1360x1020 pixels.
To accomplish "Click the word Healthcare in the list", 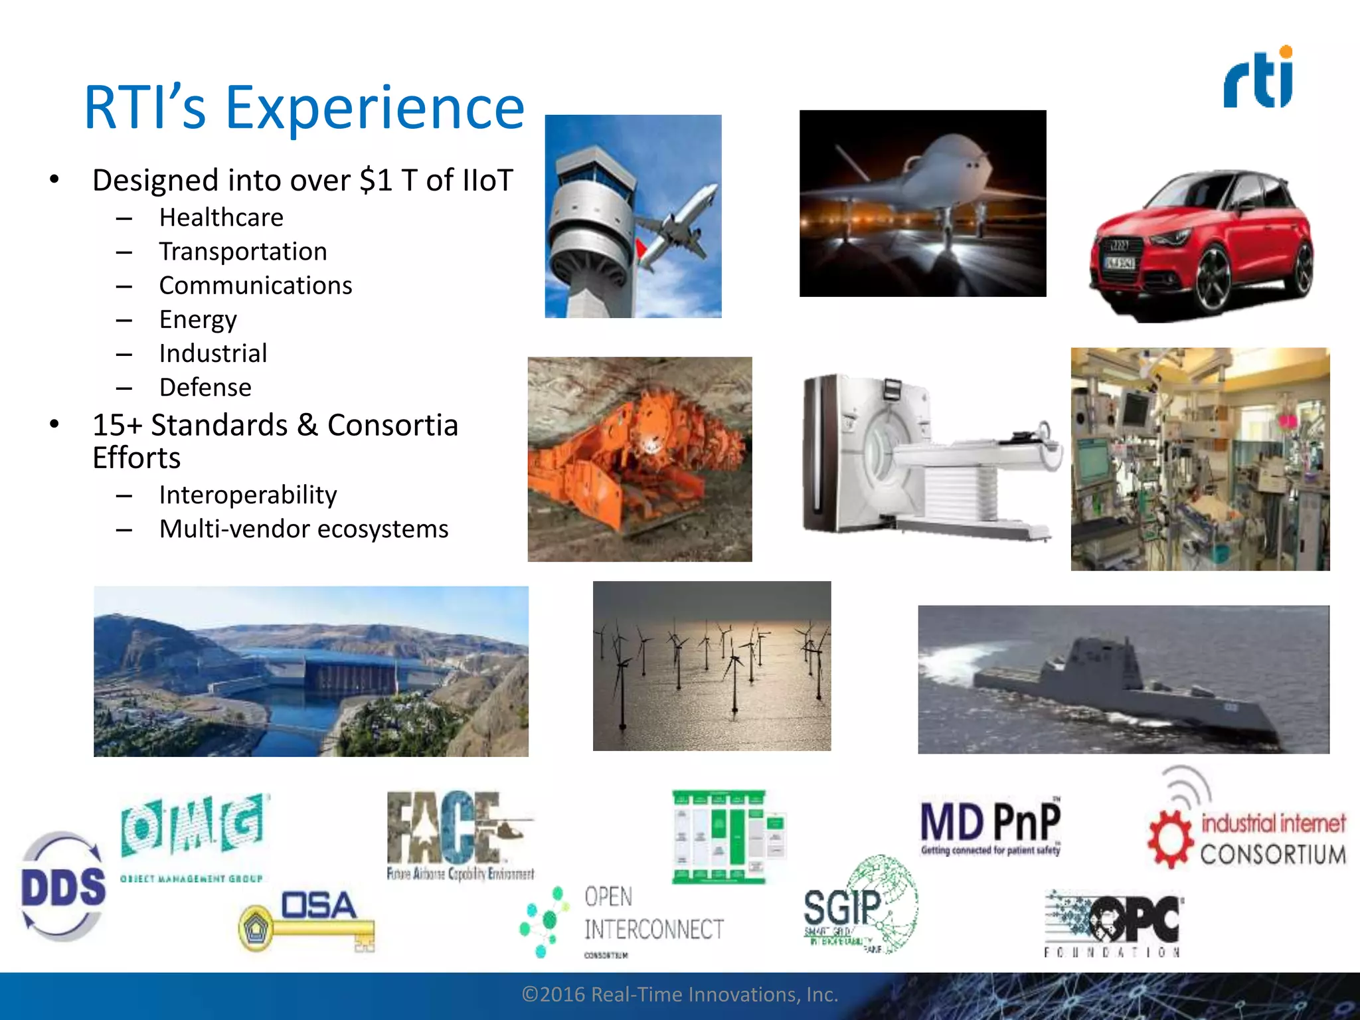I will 221,218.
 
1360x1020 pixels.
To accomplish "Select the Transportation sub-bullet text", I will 243,252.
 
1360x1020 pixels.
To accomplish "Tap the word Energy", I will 198,319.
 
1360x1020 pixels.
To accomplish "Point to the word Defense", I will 205,387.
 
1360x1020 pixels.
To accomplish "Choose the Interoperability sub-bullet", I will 248,495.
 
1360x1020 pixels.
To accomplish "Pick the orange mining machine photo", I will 639,459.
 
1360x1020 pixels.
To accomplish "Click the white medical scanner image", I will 930,458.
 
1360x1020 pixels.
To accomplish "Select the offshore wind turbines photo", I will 711,666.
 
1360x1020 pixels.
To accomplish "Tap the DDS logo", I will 63,887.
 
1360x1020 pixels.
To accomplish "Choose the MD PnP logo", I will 990,827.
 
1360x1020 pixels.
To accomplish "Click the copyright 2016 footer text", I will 680,994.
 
